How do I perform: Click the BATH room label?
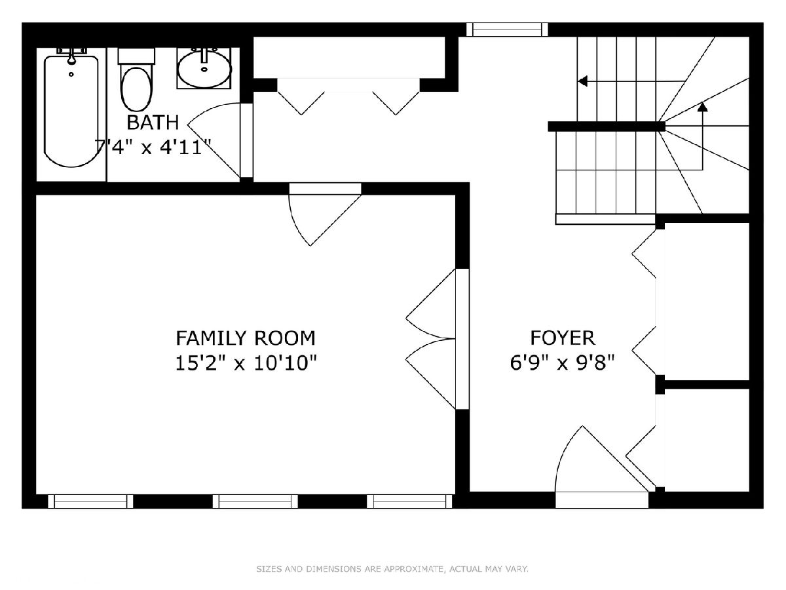[153, 123]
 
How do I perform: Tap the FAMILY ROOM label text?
[245, 338]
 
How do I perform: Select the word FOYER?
[563, 338]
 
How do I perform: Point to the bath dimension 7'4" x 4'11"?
[153, 147]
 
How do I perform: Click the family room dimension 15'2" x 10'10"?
[246, 363]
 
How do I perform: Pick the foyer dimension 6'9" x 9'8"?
[562, 363]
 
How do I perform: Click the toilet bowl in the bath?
[136, 89]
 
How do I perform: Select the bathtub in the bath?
[71, 111]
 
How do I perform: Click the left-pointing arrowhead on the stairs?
[582, 81]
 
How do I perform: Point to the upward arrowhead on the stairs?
[703, 106]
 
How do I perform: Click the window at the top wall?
[507, 29]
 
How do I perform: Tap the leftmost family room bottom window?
[90, 501]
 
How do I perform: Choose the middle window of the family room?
[255, 501]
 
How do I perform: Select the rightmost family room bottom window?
[409, 501]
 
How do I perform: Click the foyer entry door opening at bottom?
[602, 500]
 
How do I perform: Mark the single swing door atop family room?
[325, 214]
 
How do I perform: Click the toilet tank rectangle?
[136, 56]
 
